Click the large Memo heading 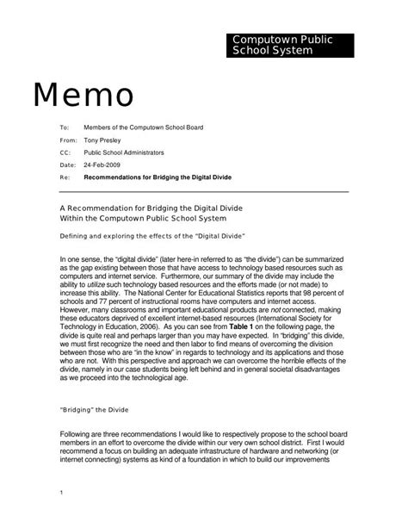click(83, 96)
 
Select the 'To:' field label click(64, 127)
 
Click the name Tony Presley click(102, 139)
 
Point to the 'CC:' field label click(65, 151)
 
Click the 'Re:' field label click(65, 176)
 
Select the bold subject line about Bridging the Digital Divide click(158, 176)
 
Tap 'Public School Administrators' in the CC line click(126, 151)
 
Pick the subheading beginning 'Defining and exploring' click(153, 235)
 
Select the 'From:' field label click(68, 139)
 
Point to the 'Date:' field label click(68, 164)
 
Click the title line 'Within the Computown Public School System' click(143, 220)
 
